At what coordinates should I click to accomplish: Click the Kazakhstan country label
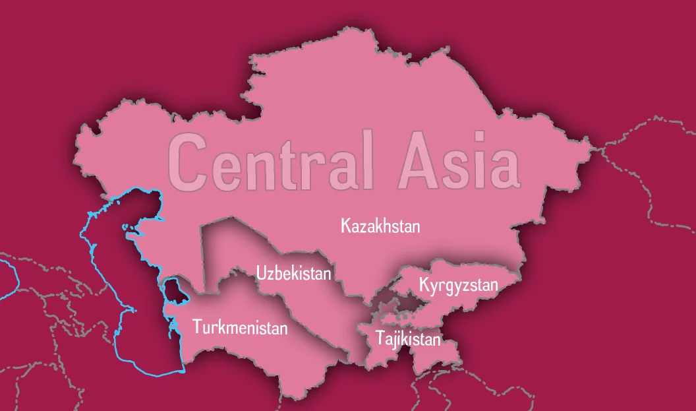click(x=380, y=226)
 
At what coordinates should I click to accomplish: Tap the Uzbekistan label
click(x=294, y=272)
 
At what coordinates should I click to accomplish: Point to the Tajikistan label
click(x=407, y=339)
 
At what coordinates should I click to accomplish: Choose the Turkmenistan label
click(x=240, y=327)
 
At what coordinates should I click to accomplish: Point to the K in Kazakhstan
click(x=345, y=226)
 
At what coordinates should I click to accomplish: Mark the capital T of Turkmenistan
click(x=196, y=326)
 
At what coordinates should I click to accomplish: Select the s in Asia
click(x=461, y=167)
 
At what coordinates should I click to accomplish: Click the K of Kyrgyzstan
click(x=424, y=286)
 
